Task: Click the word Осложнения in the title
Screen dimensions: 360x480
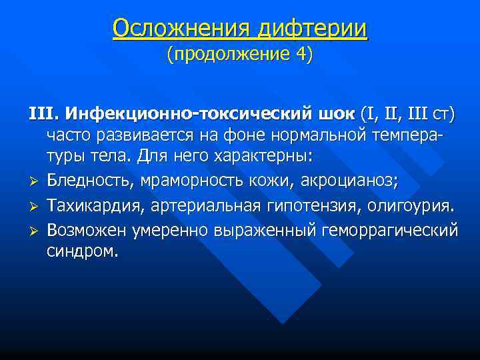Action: click(x=173, y=28)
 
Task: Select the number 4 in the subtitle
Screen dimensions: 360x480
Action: click(x=301, y=54)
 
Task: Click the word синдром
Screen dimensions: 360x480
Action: click(x=81, y=252)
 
